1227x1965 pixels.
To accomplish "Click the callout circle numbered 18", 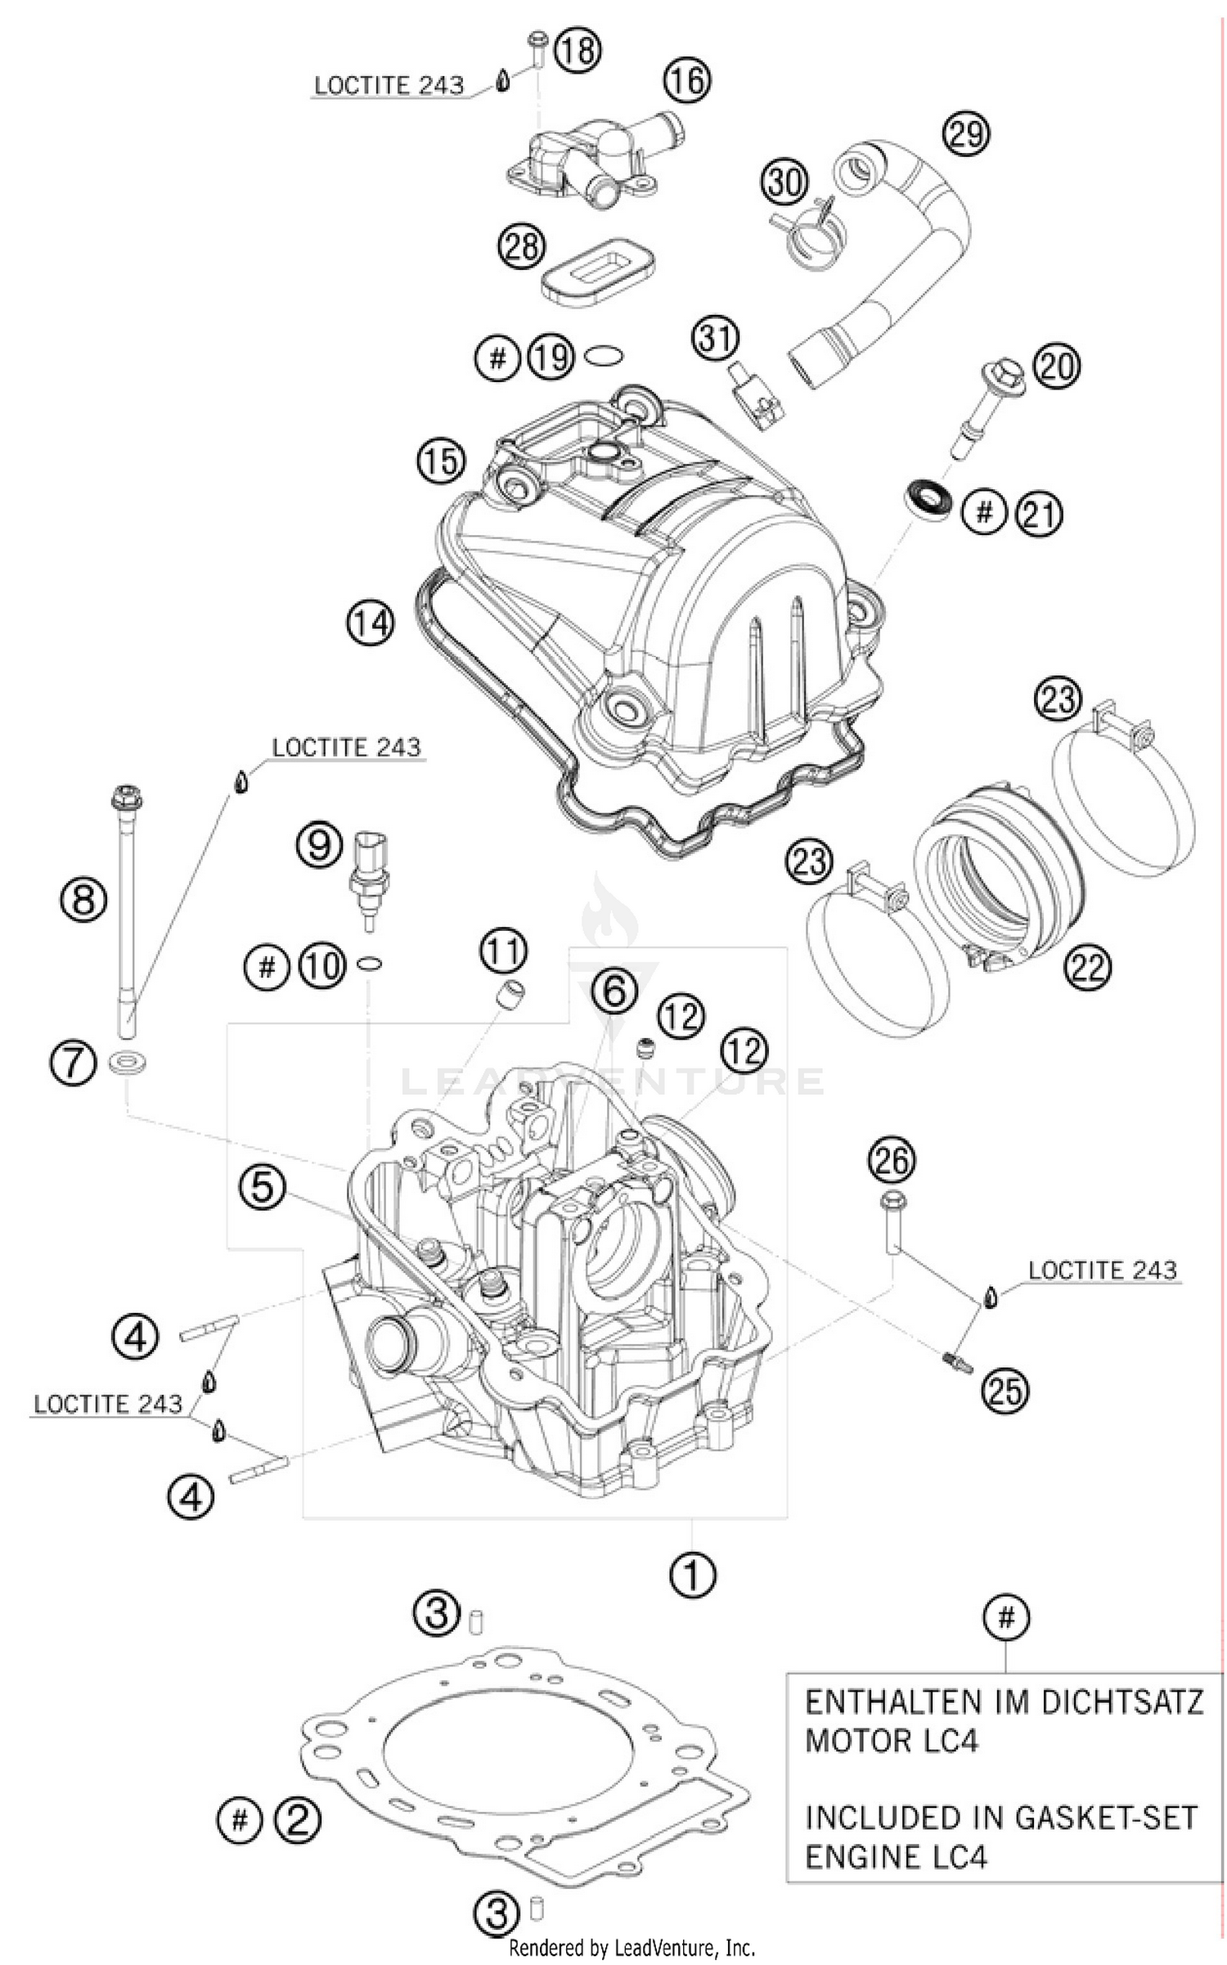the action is click(578, 51).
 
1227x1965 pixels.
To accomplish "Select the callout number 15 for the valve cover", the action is click(442, 462).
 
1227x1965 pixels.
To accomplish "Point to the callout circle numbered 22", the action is click(1088, 968).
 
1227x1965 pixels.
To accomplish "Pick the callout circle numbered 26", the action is click(892, 1161).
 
